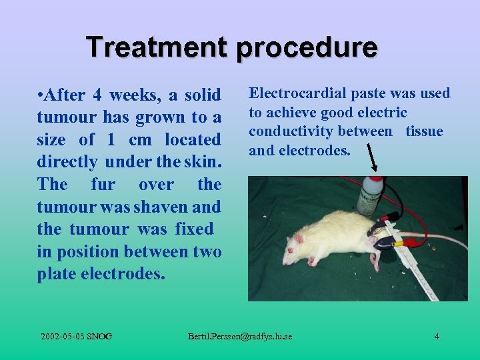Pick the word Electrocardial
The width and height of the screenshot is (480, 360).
[x=297, y=93]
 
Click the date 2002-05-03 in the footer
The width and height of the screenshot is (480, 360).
[x=63, y=336]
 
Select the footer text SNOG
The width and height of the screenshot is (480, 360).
[x=100, y=336]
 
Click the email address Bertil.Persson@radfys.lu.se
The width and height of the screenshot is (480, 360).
[x=240, y=336]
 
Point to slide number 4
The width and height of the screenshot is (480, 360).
[x=437, y=336]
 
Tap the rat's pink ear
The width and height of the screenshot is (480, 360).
[x=299, y=238]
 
